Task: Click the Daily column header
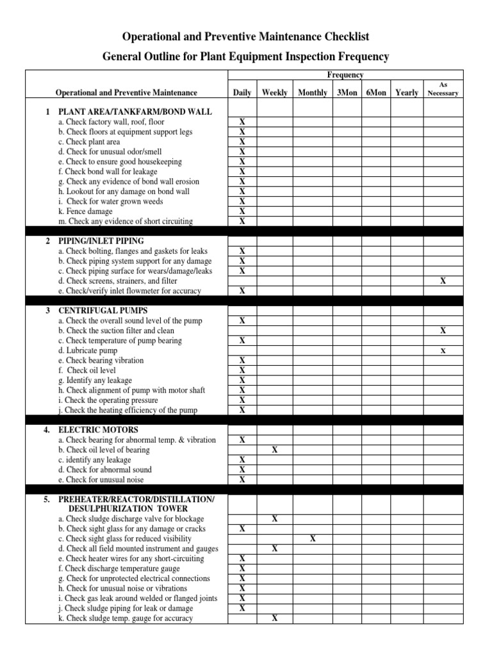coord(242,93)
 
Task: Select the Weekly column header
coord(274,93)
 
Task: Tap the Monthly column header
coord(313,93)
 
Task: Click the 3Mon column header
coord(347,93)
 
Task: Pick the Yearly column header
coord(407,93)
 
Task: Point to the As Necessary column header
coord(443,89)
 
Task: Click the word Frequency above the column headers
coord(345,75)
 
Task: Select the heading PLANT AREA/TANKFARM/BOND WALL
coord(135,111)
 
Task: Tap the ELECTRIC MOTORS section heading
coord(98,430)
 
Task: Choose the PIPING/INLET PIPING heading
coord(101,241)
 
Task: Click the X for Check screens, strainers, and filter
coord(443,281)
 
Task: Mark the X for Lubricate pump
coord(443,350)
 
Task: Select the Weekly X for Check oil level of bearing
coord(274,450)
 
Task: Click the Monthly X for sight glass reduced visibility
coord(313,539)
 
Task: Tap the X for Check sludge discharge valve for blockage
coord(274,519)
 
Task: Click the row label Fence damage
coord(85,211)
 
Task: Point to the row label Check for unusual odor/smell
coord(110,152)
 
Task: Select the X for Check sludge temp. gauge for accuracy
coord(274,618)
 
